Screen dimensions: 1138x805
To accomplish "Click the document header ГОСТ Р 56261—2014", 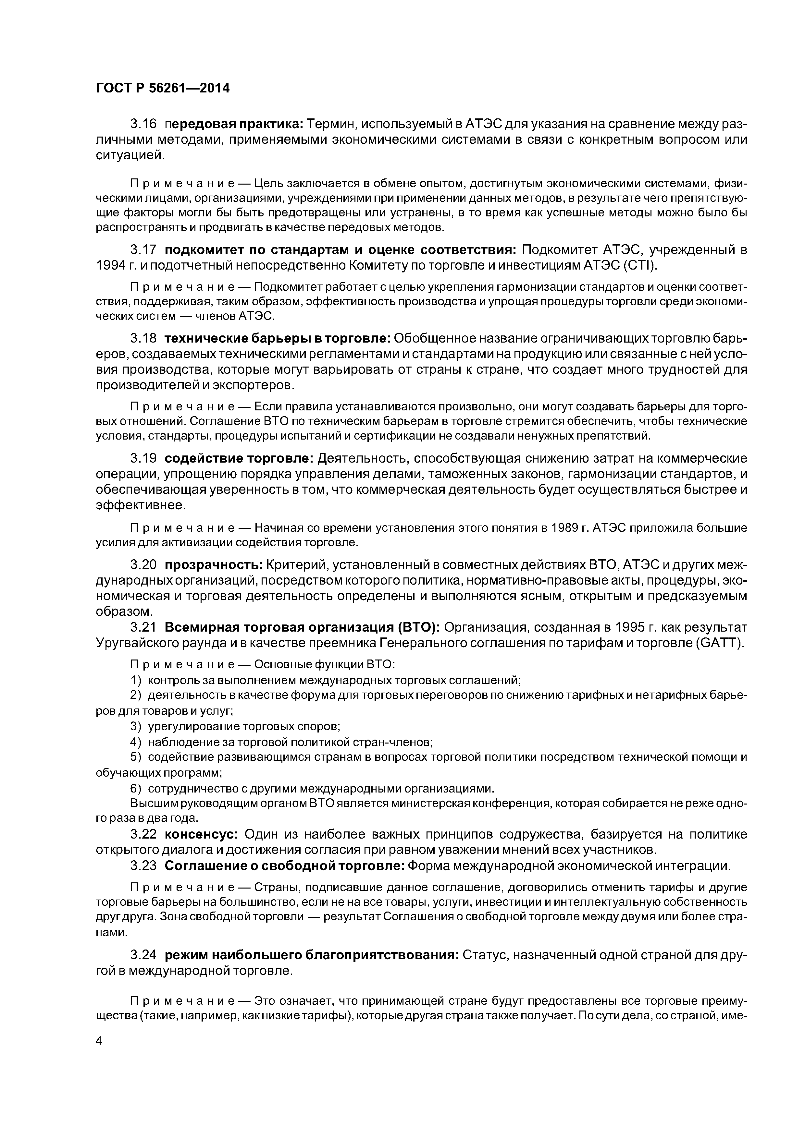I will coord(163,88).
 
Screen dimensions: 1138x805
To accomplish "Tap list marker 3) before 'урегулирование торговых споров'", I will coord(136,726).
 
